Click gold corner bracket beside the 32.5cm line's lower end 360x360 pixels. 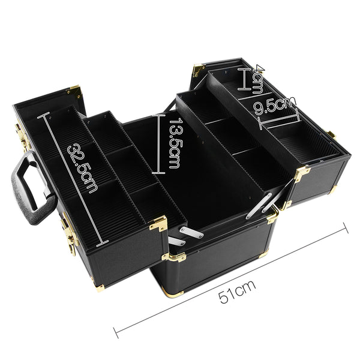coord(158,224)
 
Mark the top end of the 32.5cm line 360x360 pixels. coord(41,118)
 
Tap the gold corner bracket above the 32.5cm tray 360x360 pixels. coord(74,91)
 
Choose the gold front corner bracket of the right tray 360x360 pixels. coord(301,175)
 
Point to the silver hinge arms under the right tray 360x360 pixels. coord(264,205)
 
